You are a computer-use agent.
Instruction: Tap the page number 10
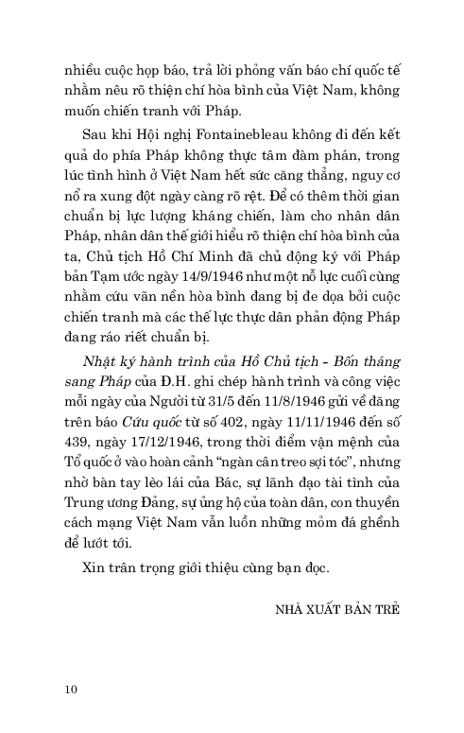pos(70,688)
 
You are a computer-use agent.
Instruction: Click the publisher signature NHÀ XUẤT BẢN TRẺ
pos(334,608)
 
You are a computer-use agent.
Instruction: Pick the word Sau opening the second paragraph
pos(94,135)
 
